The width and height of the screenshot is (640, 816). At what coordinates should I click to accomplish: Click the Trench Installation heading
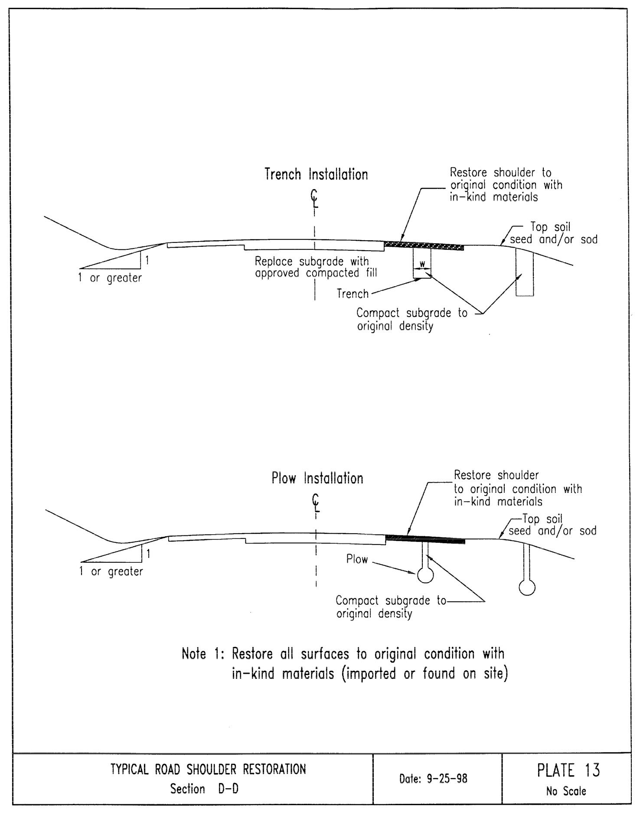316,174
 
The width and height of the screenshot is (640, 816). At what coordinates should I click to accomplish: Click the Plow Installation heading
317,478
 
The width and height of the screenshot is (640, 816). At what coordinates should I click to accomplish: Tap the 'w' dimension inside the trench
422,264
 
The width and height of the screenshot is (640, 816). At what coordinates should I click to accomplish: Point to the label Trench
353,294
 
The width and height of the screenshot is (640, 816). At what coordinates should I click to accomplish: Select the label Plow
357,559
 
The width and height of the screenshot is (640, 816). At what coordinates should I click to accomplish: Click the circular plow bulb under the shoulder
425,575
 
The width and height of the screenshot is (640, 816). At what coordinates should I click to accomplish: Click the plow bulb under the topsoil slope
527,588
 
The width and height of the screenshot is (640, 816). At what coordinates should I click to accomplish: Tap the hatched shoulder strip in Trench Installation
424,246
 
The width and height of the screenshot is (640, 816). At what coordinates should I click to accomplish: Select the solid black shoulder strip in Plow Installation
425,539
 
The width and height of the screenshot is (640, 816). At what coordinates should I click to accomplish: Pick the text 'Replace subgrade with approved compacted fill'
316,267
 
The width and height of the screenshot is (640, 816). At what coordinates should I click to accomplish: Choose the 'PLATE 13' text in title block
568,770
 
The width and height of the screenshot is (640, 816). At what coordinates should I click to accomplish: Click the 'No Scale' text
566,791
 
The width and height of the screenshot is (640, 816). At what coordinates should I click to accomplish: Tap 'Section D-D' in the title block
204,789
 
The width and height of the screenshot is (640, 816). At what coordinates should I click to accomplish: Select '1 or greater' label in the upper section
110,277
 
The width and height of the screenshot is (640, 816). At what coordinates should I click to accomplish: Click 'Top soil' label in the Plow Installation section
542,519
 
